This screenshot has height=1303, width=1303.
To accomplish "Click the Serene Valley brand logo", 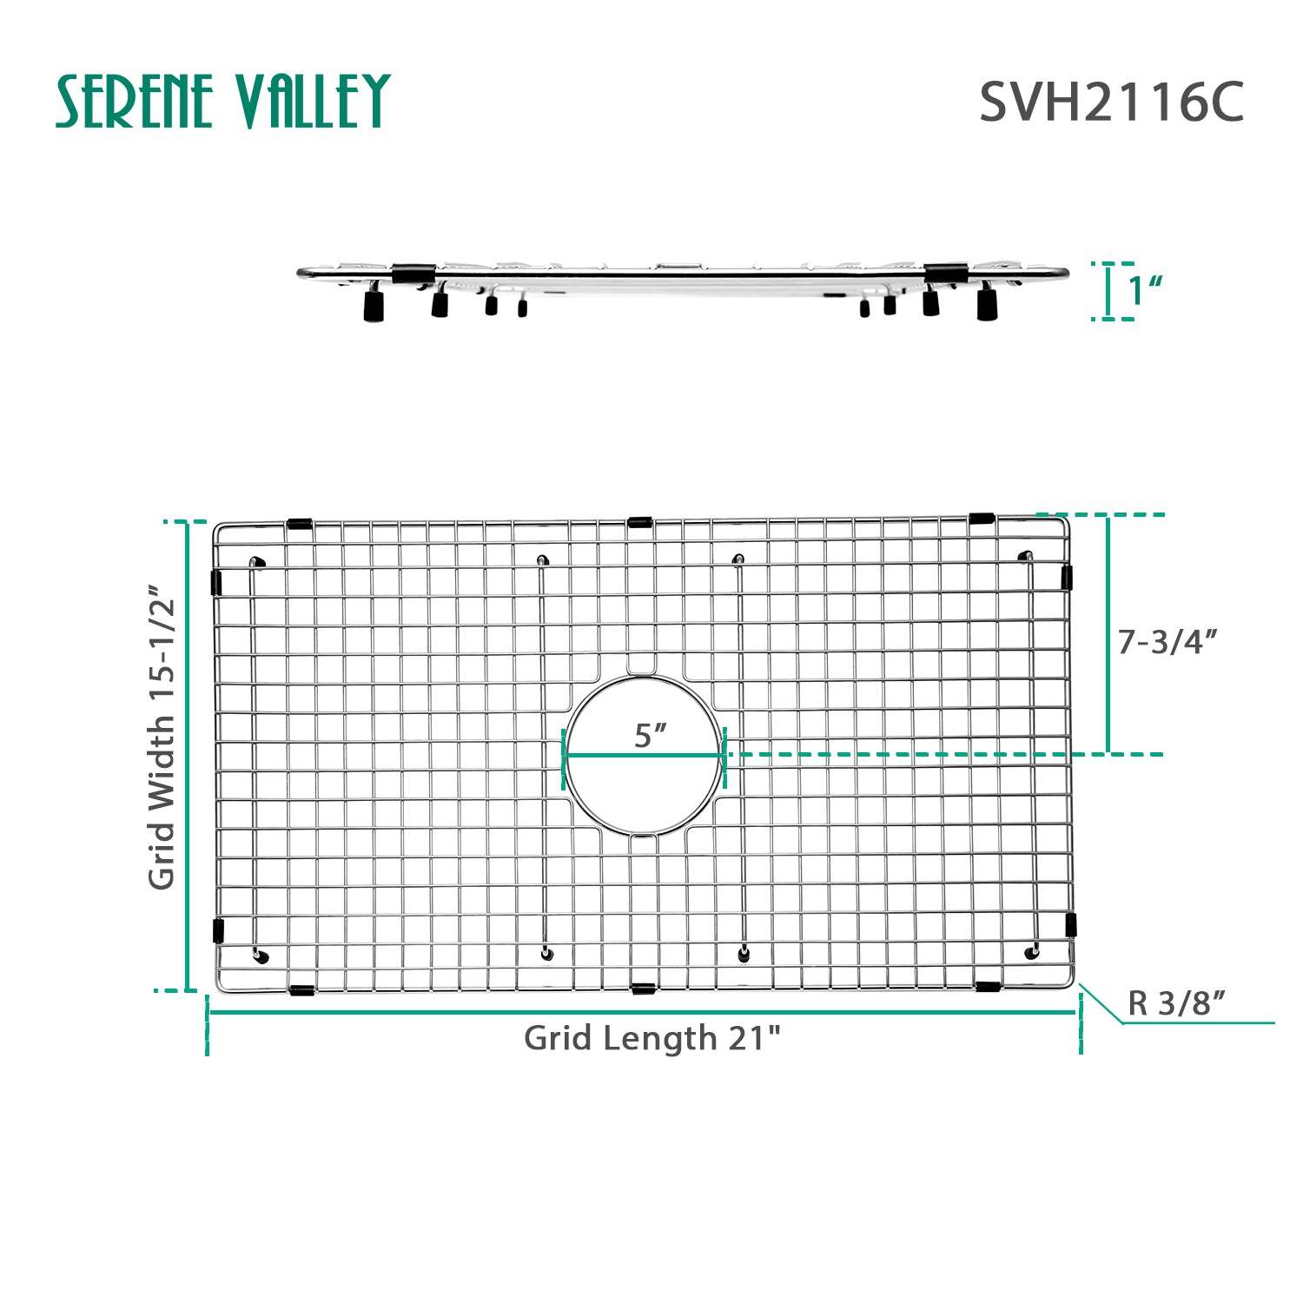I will (x=223, y=101).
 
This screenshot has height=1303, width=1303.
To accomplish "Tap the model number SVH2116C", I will (x=1111, y=103).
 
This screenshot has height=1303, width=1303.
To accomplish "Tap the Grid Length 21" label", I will (x=652, y=1038).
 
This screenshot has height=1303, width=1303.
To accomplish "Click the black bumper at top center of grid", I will (x=639, y=522).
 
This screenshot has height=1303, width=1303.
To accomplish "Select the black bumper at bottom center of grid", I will (x=643, y=989).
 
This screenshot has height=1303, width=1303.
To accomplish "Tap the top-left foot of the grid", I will (x=257, y=563).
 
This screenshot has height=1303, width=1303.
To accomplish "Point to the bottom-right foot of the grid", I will (x=1032, y=952).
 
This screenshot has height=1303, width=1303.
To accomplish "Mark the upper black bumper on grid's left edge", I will (x=216, y=582).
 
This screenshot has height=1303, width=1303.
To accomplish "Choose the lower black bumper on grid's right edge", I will (x=1071, y=924).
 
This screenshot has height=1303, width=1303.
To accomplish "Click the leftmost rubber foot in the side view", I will (x=374, y=306).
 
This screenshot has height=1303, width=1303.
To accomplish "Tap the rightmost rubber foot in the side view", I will (x=986, y=305).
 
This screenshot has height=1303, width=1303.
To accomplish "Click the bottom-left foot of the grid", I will (x=261, y=957).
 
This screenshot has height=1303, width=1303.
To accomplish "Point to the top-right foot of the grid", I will (x=1025, y=555).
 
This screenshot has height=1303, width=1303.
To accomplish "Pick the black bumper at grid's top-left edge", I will (x=299, y=524).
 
